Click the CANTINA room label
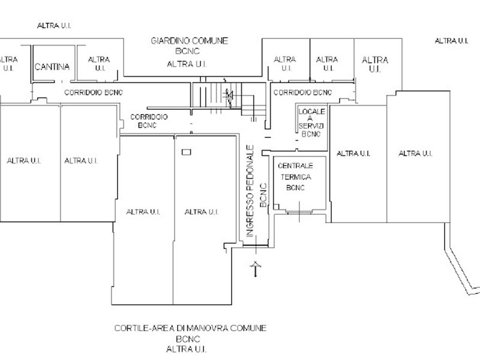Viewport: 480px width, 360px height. click(x=52, y=67)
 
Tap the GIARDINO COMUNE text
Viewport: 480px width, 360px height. click(x=190, y=41)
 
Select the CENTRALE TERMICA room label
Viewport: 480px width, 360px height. click(x=295, y=172)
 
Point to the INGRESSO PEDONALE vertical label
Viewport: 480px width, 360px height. click(x=250, y=191)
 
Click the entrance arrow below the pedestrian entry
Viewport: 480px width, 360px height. click(x=256, y=269)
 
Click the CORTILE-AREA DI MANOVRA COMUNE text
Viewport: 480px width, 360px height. click(x=190, y=328)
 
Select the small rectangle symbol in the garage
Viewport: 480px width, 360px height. click(x=187, y=152)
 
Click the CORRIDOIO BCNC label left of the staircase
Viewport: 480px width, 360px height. click(x=94, y=92)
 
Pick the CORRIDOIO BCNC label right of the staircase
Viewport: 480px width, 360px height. click(x=302, y=92)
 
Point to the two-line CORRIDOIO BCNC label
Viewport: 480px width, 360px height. click(x=149, y=121)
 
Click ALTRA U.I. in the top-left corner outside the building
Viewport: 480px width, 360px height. click(x=54, y=26)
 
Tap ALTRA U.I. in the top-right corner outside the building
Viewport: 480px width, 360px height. click(x=452, y=41)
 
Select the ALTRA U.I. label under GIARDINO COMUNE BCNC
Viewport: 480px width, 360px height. click(x=187, y=64)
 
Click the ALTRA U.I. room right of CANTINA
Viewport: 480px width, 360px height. click(x=99, y=64)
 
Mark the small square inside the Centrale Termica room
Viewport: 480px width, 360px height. click(x=276, y=207)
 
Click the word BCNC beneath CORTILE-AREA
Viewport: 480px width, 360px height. click(x=188, y=339)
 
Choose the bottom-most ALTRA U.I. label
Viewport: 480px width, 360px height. click(x=187, y=349)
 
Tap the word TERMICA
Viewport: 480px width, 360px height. click(x=296, y=177)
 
